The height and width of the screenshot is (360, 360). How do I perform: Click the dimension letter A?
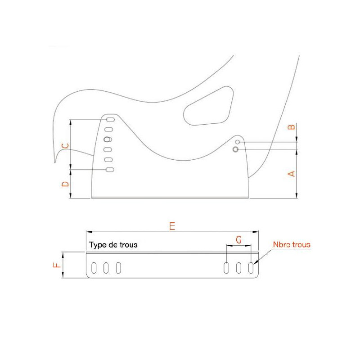coord(291,174)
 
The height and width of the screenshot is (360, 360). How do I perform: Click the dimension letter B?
coord(291,127)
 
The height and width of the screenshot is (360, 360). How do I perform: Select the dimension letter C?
coord(65,146)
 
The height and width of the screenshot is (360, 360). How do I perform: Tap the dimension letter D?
coord(65,184)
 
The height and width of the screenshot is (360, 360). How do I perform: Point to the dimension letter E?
coord(172,226)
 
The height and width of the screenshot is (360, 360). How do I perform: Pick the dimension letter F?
coord(57,265)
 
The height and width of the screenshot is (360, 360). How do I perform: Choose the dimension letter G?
coord(239,240)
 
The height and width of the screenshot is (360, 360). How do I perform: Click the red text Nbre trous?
coord(292,244)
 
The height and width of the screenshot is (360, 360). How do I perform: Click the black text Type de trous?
coord(113,245)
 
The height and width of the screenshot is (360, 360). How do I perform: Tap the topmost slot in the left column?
coord(110,120)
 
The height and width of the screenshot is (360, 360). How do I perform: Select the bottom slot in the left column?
coord(110,170)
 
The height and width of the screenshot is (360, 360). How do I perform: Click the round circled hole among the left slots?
coord(107,139)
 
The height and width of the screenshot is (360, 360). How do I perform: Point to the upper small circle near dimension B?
coord(238,142)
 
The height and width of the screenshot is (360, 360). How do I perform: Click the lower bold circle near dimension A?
coord(235,149)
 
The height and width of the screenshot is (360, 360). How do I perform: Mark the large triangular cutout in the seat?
coord(208,106)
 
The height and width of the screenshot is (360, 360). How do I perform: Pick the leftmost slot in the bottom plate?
coord(94,268)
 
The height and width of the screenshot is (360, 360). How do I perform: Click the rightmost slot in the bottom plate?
coord(251,268)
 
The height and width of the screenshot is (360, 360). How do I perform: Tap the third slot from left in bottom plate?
coord(118,268)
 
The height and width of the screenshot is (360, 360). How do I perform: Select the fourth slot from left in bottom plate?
coord(226,268)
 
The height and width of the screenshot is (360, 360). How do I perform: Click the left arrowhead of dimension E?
coord(89,232)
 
